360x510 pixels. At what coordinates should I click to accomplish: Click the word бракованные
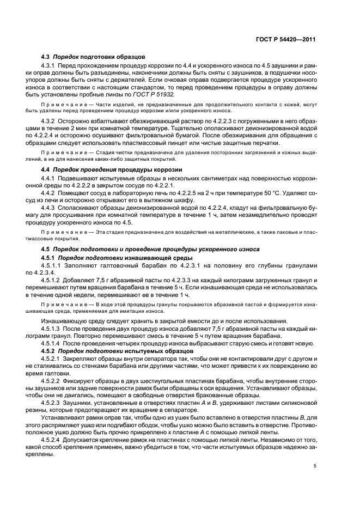(202, 397)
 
